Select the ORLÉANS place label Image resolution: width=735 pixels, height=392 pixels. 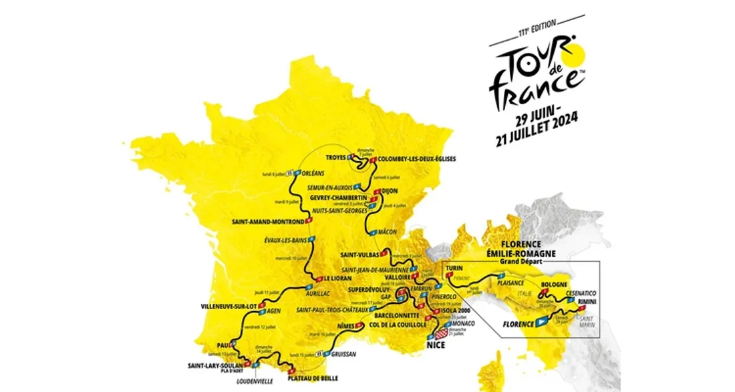coord(313,173)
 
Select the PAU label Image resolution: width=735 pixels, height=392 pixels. coord(223,345)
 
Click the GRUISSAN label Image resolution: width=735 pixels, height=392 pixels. coord(343,355)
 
